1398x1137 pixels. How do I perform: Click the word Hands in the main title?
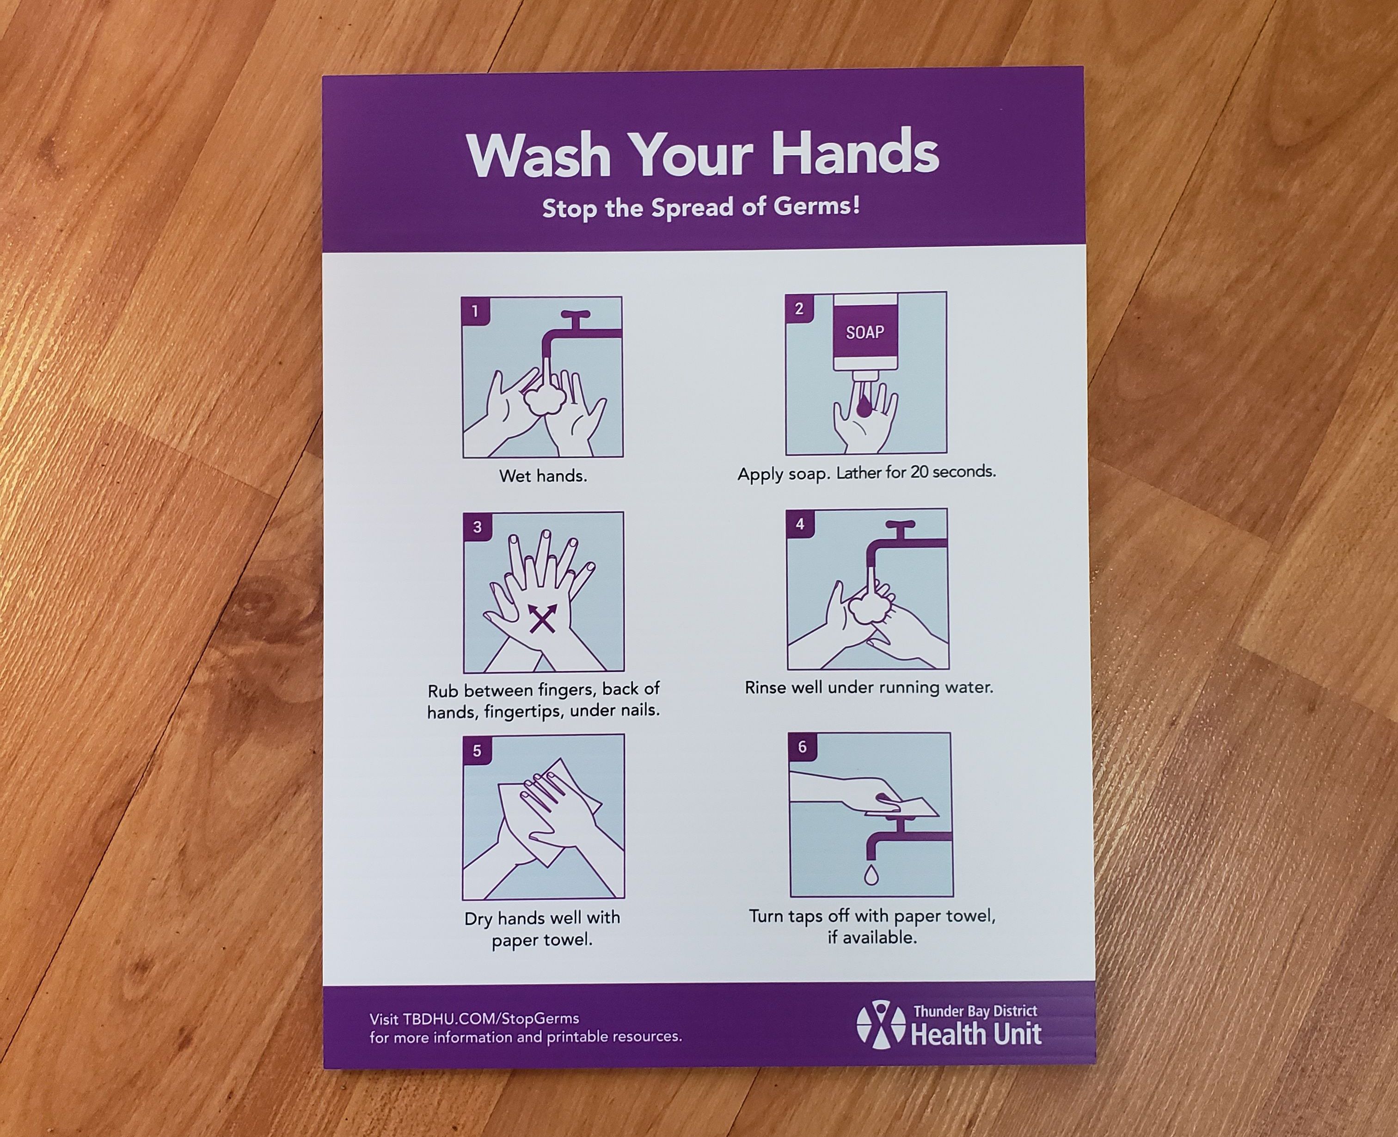(x=854, y=153)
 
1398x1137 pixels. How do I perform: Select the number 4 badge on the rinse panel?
(x=800, y=524)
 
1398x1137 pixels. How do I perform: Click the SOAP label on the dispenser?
(x=865, y=332)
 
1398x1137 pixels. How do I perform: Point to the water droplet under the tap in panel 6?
(x=871, y=876)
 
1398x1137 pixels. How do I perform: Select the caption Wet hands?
(x=543, y=476)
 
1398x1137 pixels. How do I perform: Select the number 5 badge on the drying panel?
(x=477, y=751)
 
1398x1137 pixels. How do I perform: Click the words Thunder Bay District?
(x=975, y=1012)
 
